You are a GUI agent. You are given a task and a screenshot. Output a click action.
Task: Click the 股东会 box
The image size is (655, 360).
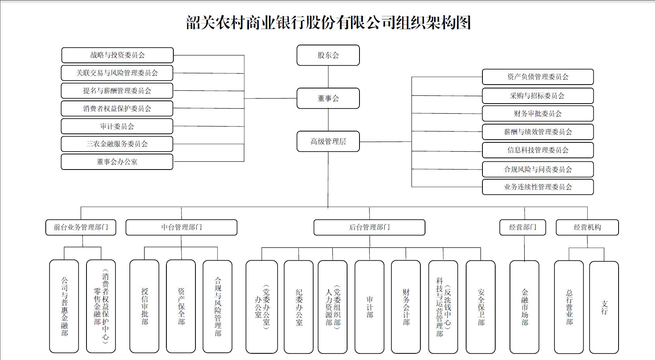(328, 55)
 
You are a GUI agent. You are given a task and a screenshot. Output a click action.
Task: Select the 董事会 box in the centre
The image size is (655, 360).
(328, 99)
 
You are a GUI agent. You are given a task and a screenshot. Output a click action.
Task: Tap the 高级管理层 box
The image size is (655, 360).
(328, 142)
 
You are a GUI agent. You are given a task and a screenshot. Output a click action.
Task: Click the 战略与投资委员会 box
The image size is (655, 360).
(117, 55)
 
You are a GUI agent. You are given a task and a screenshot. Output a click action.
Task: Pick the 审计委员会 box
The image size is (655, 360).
(117, 126)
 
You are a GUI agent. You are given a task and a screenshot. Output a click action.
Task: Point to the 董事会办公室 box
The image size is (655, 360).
(117, 162)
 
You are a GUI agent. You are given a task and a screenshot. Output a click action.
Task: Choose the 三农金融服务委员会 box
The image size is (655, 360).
(117, 144)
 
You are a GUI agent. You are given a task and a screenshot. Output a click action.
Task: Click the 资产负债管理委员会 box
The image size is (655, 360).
(537, 77)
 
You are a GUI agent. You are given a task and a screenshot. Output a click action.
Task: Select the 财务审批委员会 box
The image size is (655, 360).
(537, 114)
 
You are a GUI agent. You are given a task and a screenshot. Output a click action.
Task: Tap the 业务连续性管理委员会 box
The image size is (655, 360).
(537, 187)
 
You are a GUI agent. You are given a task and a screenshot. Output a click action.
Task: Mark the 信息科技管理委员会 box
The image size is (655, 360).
(537, 150)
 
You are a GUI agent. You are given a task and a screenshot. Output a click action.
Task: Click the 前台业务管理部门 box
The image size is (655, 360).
(81, 227)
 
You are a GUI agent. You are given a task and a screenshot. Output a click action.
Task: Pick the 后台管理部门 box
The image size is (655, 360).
(369, 227)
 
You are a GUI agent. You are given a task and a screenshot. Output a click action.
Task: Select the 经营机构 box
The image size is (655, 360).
(587, 227)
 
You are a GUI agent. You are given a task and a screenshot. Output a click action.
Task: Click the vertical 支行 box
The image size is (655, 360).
(604, 307)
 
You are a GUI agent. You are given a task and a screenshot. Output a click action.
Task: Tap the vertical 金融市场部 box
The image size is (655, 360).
(524, 307)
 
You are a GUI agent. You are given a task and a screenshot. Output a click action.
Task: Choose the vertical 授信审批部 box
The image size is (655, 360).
(144, 306)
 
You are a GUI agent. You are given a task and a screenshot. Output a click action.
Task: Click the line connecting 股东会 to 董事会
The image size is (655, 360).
(328, 77)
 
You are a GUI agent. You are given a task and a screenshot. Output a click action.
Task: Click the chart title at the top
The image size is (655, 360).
(328, 22)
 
